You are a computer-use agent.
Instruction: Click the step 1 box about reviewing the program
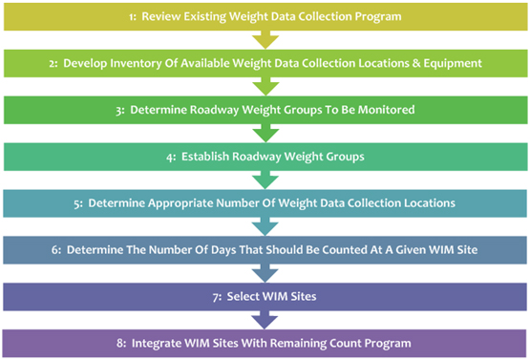pyautogui.click(x=265, y=17)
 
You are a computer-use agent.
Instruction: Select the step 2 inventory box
pyautogui.click(x=265, y=63)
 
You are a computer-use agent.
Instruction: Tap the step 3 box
pyautogui.click(x=265, y=110)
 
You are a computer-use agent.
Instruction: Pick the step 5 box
pyautogui.click(x=265, y=203)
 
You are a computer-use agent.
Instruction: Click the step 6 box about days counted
pyautogui.click(x=265, y=249)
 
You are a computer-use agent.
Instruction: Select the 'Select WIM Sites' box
pyautogui.click(x=265, y=296)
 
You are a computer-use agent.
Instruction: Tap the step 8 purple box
pyautogui.click(x=265, y=342)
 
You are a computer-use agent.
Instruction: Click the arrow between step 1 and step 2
pyautogui.click(x=265, y=40)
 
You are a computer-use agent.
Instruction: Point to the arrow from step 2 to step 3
pyautogui.click(x=265, y=87)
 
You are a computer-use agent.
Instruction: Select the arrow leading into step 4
pyautogui.click(x=265, y=134)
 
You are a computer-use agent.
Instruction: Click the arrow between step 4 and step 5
pyautogui.click(x=265, y=180)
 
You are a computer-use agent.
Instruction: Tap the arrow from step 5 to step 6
pyautogui.click(x=265, y=226)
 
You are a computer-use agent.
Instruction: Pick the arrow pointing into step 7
pyautogui.click(x=265, y=273)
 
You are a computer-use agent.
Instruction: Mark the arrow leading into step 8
pyautogui.click(x=265, y=319)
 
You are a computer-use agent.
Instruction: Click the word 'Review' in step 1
pyautogui.click(x=161, y=17)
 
